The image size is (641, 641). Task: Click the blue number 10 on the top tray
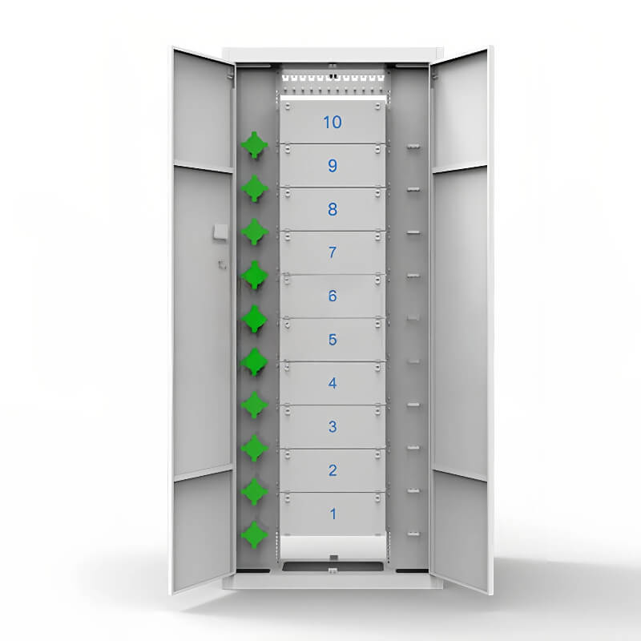click(333, 123)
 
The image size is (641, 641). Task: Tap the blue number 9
click(333, 166)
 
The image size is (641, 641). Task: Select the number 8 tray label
click(333, 209)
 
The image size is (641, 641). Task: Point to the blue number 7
click(333, 252)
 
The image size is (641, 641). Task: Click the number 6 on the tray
click(333, 296)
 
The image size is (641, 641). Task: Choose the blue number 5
click(333, 340)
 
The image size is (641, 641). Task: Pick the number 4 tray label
click(333, 383)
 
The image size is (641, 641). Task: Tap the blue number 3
click(333, 427)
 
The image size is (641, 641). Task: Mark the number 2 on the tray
click(333, 470)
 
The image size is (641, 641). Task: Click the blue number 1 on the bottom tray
click(333, 514)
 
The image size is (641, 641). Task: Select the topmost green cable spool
click(254, 145)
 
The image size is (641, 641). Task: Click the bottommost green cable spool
click(254, 534)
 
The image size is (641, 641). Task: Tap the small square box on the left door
click(220, 232)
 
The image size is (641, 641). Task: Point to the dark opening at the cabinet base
click(333, 566)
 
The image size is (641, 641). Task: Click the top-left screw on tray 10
click(288, 107)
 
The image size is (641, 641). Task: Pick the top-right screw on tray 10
click(377, 107)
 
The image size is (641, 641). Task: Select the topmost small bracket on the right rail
click(413, 146)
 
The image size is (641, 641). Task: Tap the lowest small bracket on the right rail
click(413, 534)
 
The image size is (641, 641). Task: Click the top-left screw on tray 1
click(288, 498)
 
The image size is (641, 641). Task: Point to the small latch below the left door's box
click(222, 264)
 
